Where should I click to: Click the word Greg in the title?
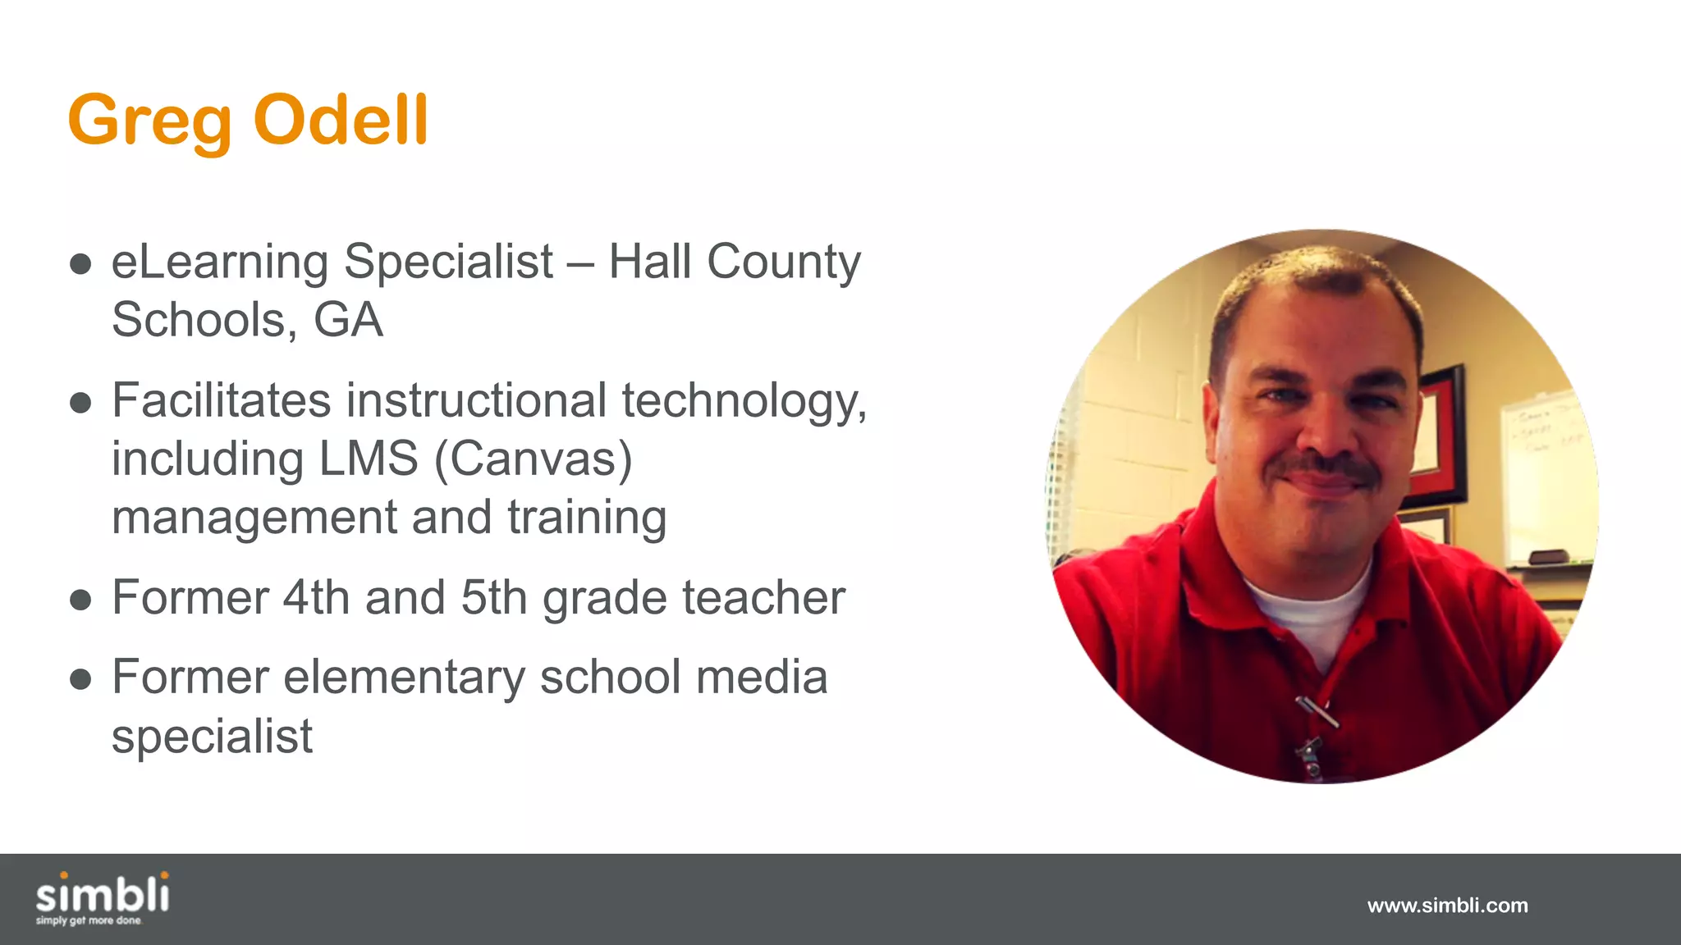click(x=149, y=121)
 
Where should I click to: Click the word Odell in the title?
click(x=341, y=120)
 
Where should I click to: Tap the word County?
click(x=783, y=262)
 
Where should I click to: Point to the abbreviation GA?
click(x=348, y=320)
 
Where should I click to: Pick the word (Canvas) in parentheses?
click(x=533, y=459)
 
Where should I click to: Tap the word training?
click(x=587, y=518)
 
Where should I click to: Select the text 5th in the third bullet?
click(x=493, y=597)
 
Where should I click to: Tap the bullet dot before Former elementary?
click(x=80, y=679)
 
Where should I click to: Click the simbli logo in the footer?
click(x=103, y=897)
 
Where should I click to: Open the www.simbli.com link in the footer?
click(x=1447, y=906)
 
